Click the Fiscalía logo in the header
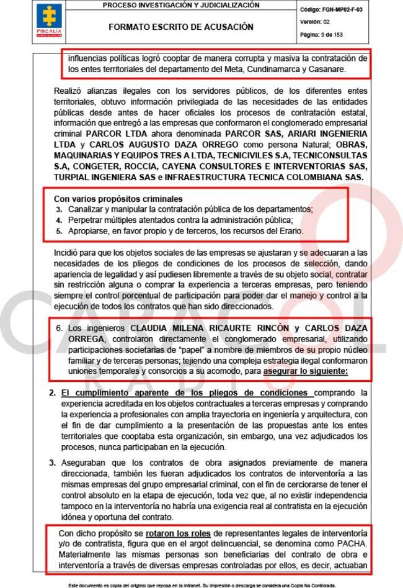[49, 20]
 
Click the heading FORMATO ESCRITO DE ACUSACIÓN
[180, 27]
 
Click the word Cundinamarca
[275, 69]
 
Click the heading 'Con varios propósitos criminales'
[113, 199]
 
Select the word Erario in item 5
[288, 231]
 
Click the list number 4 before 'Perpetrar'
[59, 220]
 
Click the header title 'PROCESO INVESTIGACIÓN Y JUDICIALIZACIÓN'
[180, 6]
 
